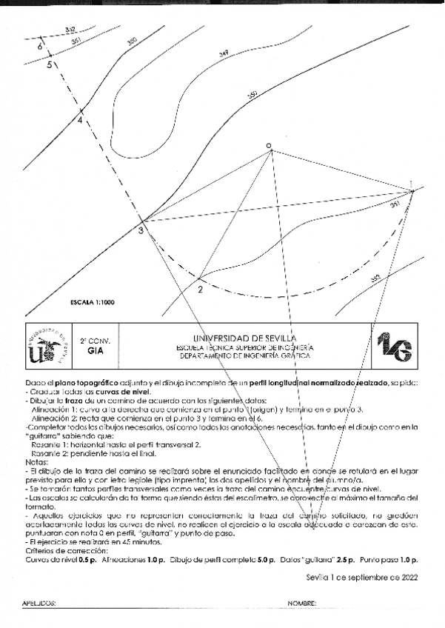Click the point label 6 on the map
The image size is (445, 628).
click(x=39, y=46)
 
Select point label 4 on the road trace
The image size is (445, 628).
click(x=80, y=122)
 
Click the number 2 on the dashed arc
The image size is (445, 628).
click(x=200, y=289)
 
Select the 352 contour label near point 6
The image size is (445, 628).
click(x=70, y=30)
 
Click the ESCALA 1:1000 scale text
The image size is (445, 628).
click(x=92, y=302)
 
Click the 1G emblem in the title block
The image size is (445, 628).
click(x=393, y=346)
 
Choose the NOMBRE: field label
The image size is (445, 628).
click(x=302, y=604)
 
